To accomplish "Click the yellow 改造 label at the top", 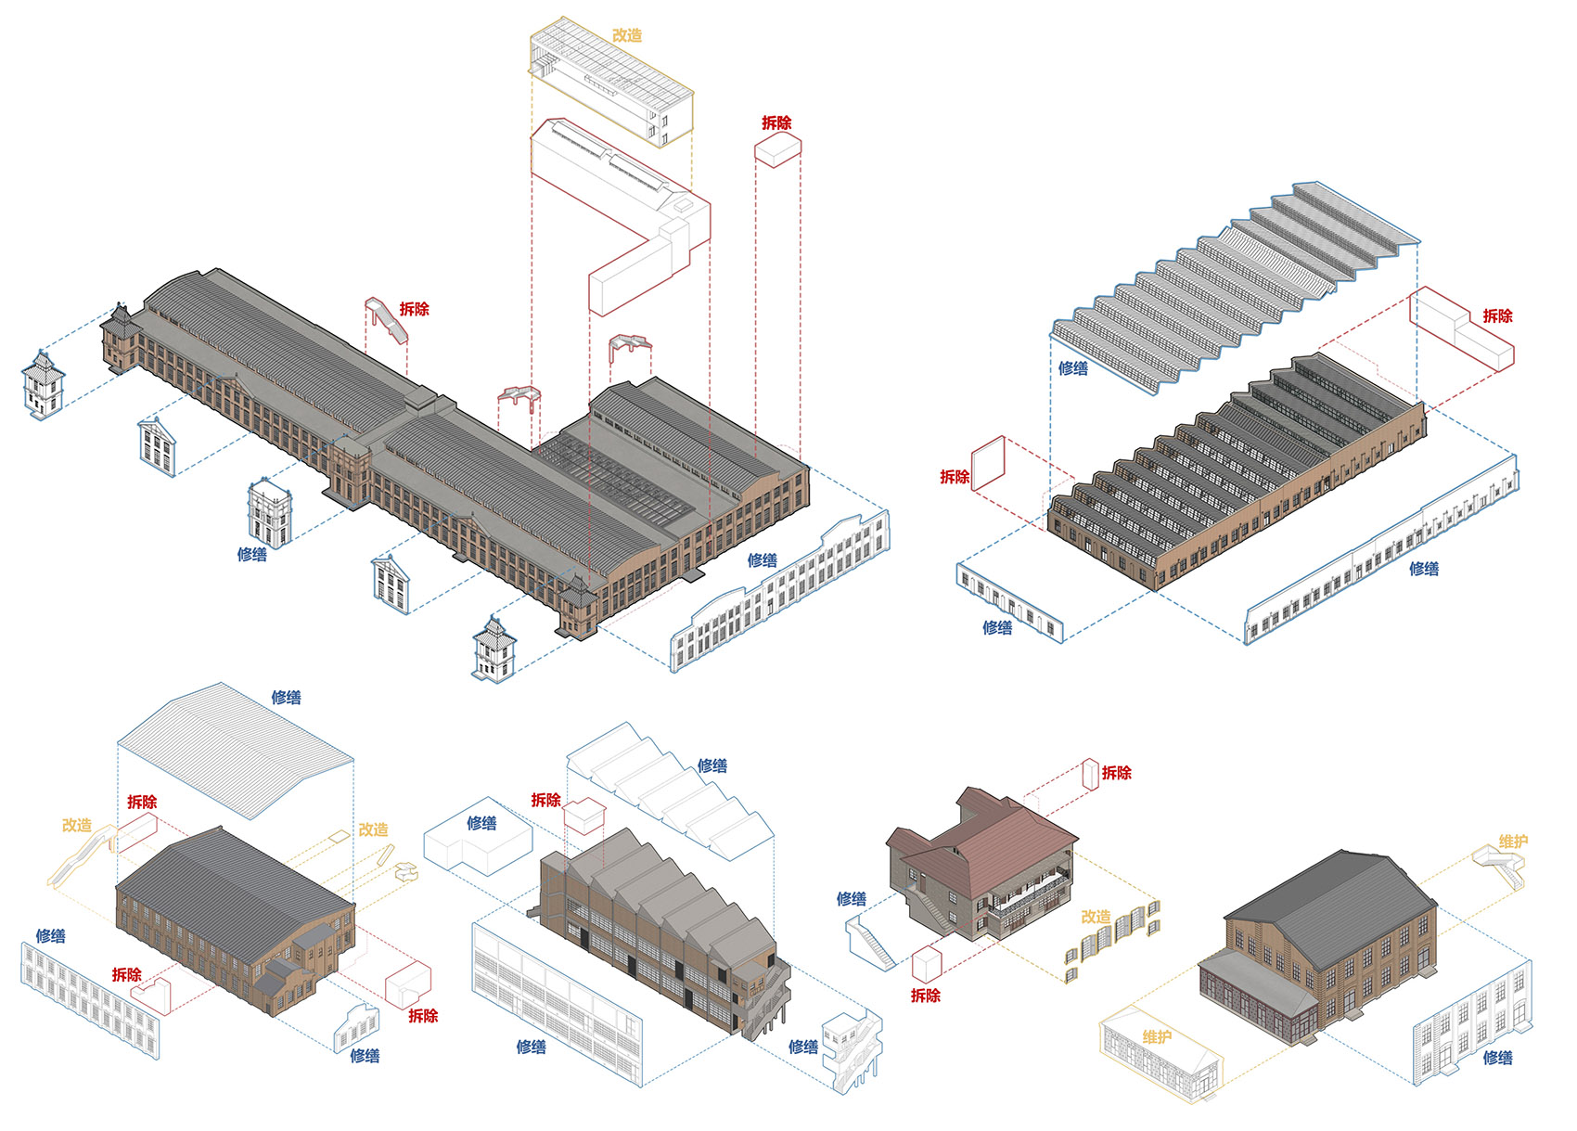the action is (x=626, y=35).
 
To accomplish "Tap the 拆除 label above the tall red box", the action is (x=776, y=123).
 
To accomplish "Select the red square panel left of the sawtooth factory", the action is (x=988, y=463).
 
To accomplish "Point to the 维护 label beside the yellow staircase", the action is (x=1513, y=842).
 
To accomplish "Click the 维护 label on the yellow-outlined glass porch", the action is (x=1157, y=1037).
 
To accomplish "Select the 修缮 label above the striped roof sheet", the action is (x=287, y=697).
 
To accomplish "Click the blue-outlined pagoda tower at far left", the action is (x=43, y=384).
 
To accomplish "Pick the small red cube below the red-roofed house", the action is (x=928, y=965).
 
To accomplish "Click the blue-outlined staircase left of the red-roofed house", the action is (x=870, y=943).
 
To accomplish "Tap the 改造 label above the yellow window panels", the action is (x=1096, y=916).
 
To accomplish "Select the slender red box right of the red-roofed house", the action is (x=1090, y=774).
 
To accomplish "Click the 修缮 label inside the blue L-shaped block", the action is (x=481, y=823).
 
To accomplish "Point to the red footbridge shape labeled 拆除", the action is (x=386, y=320).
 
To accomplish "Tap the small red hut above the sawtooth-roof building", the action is (x=584, y=816).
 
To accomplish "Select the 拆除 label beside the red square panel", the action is (x=955, y=477).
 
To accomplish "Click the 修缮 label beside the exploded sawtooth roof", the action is (x=712, y=765).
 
